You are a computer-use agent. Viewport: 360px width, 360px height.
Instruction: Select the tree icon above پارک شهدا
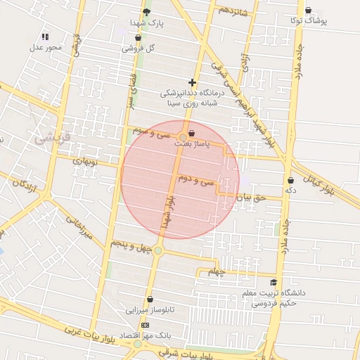point(146,11)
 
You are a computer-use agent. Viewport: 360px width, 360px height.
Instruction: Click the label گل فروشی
point(139,49)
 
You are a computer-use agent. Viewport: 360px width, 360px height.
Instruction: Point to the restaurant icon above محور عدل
point(46,36)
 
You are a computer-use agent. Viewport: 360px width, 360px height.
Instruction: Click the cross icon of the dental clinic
point(192,82)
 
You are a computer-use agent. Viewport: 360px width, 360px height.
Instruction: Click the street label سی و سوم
point(153,131)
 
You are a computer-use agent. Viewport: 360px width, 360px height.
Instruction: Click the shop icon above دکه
point(290,180)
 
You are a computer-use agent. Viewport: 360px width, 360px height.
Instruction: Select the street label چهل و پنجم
point(131,243)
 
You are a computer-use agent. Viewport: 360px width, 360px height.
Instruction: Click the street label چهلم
point(218,271)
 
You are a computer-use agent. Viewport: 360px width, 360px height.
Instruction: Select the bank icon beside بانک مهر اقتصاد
point(145,325)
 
